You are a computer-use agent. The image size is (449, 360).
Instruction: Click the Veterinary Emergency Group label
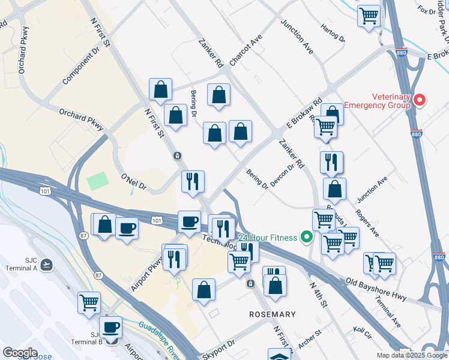[391, 101]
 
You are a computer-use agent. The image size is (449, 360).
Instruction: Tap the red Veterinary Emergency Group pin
[420, 100]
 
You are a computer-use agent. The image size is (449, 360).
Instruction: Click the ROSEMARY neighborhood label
[273, 314]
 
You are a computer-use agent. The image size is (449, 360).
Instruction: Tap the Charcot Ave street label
[246, 51]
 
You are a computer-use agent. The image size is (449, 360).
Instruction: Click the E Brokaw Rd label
[304, 113]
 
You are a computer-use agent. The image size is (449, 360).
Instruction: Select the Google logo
[20, 353]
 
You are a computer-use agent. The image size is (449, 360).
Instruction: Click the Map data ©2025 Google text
[412, 355]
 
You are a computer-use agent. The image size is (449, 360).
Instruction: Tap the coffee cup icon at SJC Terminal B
[110, 327]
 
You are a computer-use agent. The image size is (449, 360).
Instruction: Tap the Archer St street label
[310, 340]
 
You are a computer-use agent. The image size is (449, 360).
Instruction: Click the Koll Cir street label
[363, 331]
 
